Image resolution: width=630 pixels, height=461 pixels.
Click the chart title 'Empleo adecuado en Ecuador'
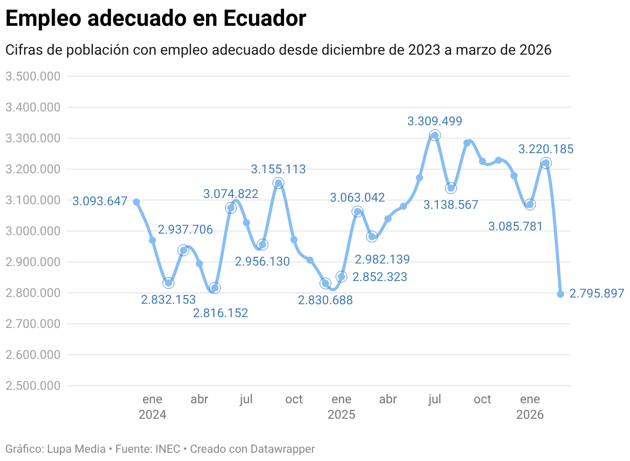pos(155,19)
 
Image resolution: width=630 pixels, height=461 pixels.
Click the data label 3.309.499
pos(434,121)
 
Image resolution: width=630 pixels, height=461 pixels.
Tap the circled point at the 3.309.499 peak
pos(435,136)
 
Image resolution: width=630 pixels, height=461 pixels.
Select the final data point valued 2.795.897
pos(560,294)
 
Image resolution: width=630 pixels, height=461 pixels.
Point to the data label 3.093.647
pos(100,201)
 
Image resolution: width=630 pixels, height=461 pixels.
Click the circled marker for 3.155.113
pos(278,183)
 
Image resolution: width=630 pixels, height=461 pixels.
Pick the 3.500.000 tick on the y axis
pos(33,76)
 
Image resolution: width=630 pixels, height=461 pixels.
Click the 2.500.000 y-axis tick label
pos(33,386)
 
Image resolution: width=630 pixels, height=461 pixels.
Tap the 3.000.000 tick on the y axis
pos(33,231)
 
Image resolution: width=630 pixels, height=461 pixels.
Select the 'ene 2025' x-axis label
pos(341,406)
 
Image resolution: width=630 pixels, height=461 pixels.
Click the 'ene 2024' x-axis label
pos(152,406)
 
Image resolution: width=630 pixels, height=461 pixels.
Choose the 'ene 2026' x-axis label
pos(530,406)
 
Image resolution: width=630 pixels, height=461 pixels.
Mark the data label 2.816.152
pos(220,312)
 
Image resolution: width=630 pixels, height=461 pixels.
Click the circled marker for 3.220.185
pos(545,163)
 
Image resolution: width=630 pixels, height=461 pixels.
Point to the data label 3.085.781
pos(515,226)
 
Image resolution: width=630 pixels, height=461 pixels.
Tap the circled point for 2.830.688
pos(325,283)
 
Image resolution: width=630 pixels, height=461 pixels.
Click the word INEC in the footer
pos(168,449)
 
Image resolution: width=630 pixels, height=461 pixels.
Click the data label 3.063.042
pos(357,197)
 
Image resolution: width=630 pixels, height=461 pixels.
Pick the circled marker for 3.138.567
pos(451,188)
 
